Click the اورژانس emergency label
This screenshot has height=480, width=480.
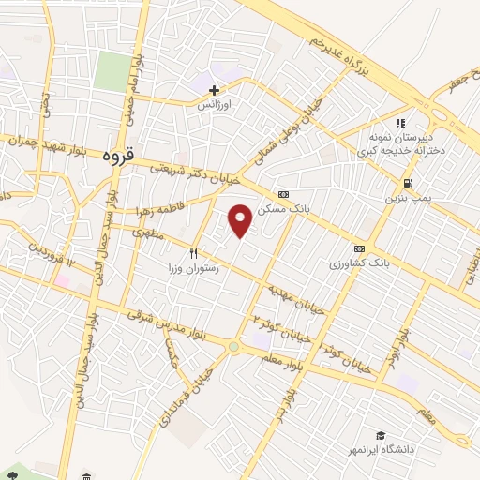[213, 106]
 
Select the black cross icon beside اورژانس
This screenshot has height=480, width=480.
[215, 91]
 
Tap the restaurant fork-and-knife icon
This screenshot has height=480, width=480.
[194, 252]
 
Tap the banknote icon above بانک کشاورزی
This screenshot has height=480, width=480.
[359, 248]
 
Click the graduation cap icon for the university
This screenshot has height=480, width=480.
[382, 435]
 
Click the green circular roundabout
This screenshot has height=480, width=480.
[232, 347]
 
